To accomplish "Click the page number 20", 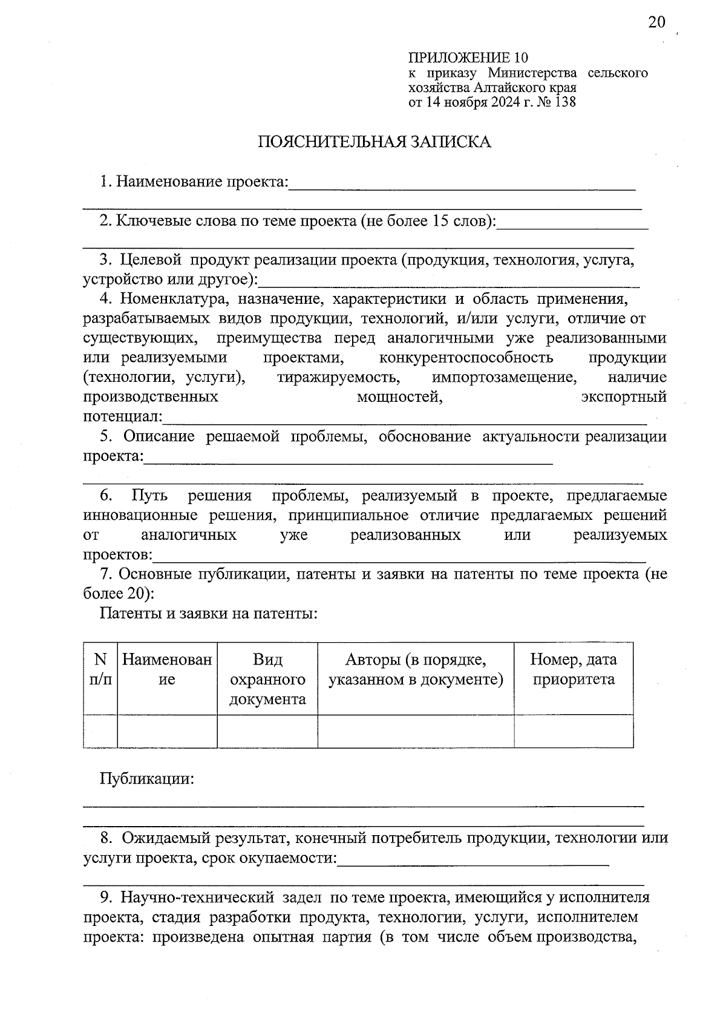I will tap(656, 22).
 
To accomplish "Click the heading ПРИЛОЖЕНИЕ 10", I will tap(468, 58).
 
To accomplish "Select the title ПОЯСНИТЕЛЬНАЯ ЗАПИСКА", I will tap(374, 142).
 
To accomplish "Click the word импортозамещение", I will tap(504, 378).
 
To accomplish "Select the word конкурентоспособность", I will tap(466, 358).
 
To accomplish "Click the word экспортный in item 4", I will tap(624, 398).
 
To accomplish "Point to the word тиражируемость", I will tap(339, 378).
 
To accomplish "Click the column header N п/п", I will tap(100, 669).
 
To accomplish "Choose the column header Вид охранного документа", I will tap(267, 679).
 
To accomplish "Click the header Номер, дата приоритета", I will tap(574, 669).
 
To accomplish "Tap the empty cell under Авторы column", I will tap(416, 731).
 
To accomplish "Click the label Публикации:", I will tap(147, 779).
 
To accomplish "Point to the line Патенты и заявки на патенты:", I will tap(209, 614).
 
